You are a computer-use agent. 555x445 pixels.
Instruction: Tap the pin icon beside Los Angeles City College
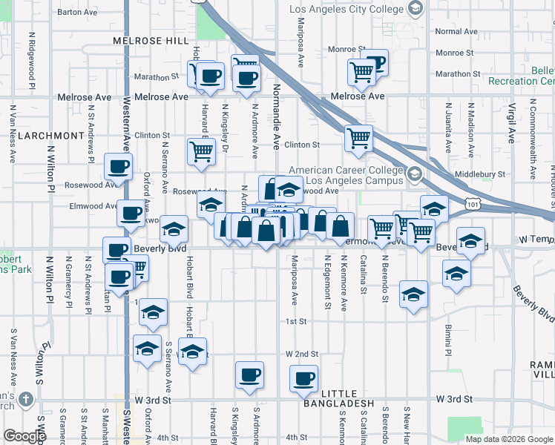click(416, 10)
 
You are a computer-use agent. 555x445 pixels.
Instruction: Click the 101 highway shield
click(473, 203)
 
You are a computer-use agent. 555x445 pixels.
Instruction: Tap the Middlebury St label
click(479, 174)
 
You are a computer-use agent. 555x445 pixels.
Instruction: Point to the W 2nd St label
click(301, 355)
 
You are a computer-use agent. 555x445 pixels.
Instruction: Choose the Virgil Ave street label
click(511, 122)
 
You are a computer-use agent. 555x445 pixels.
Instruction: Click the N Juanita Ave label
click(448, 133)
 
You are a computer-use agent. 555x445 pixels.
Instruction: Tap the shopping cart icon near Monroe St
click(361, 72)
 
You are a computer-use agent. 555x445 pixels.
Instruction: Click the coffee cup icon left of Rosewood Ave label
click(118, 168)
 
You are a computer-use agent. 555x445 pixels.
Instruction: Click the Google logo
click(24, 436)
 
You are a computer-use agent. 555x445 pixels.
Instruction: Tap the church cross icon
click(26, 400)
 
